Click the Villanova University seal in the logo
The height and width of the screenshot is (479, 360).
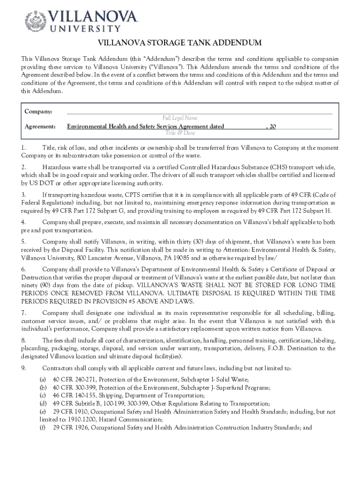click(35, 21)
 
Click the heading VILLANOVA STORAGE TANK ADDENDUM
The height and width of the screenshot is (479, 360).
click(180, 44)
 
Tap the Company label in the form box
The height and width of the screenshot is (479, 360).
click(38, 111)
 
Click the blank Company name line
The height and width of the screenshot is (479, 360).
click(200, 112)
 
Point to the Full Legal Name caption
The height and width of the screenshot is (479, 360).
click(180, 118)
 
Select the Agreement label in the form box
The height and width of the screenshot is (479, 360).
click(40, 126)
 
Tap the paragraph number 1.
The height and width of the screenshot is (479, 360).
click(23, 148)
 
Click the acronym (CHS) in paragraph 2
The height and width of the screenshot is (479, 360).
click(281, 167)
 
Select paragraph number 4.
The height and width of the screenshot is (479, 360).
click(23, 222)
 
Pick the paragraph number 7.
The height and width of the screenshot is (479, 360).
click(23, 312)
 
